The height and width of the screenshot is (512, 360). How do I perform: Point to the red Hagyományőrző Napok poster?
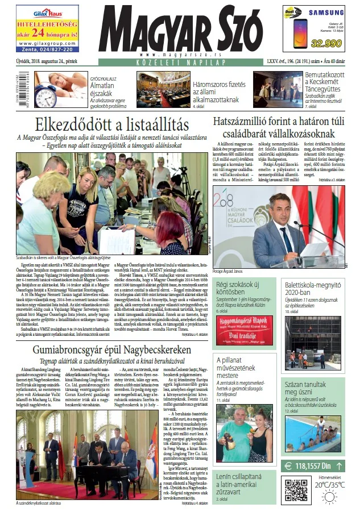(245, 330)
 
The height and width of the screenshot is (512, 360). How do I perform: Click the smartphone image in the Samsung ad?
(297, 34)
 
